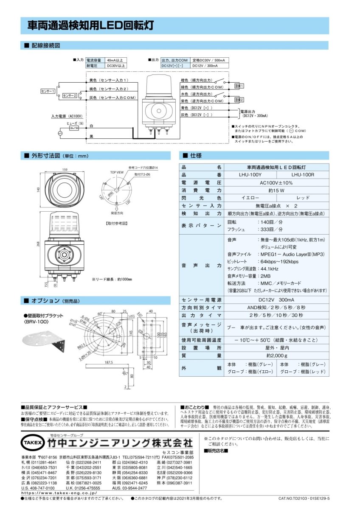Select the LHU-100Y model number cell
click(x=250, y=174)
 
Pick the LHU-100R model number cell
click(x=302, y=174)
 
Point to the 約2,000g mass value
click(x=276, y=355)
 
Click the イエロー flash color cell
click(x=250, y=198)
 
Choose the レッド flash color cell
click(x=302, y=198)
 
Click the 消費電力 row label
click(x=201, y=190)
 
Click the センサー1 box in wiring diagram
click(x=48, y=91)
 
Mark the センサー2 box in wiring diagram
click(x=70, y=96)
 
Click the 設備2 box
click(x=239, y=100)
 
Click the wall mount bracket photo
click(x=43, y=339)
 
